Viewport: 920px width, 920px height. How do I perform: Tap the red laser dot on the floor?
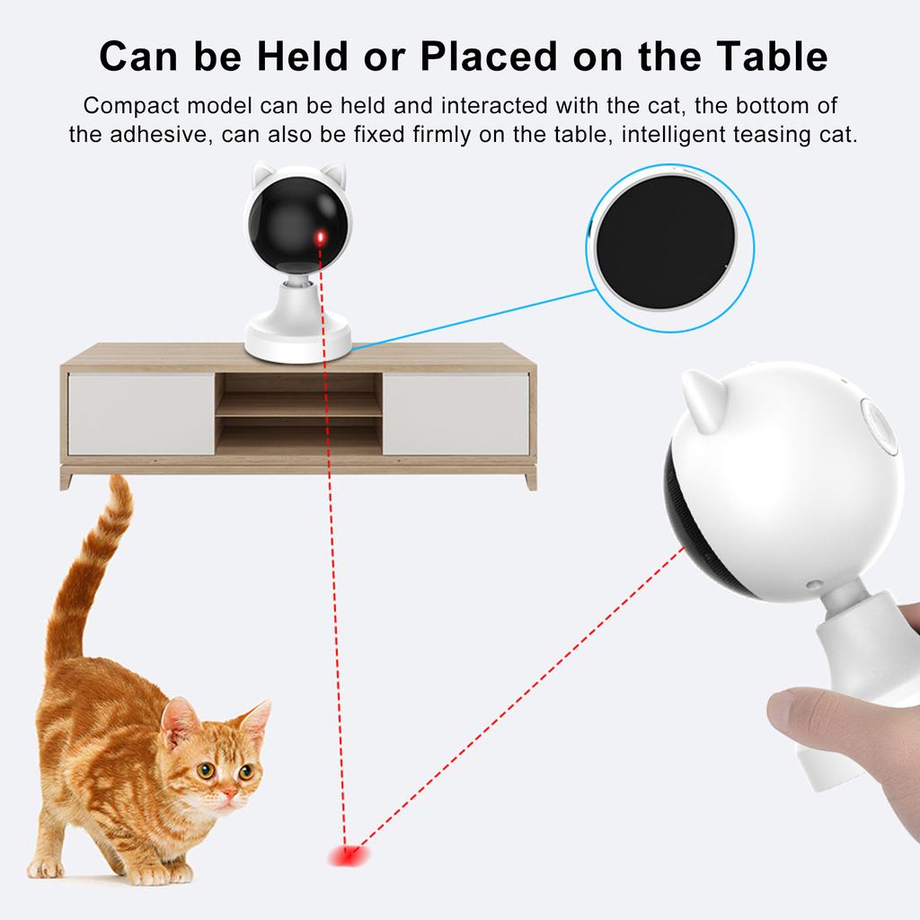click(345, 854)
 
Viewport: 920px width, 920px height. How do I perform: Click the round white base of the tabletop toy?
click(298, 341)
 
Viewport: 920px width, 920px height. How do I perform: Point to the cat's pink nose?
click(230, 792)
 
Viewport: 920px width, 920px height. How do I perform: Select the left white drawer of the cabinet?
click(141, 414)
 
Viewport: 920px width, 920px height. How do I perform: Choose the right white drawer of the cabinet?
click(456, 414)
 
